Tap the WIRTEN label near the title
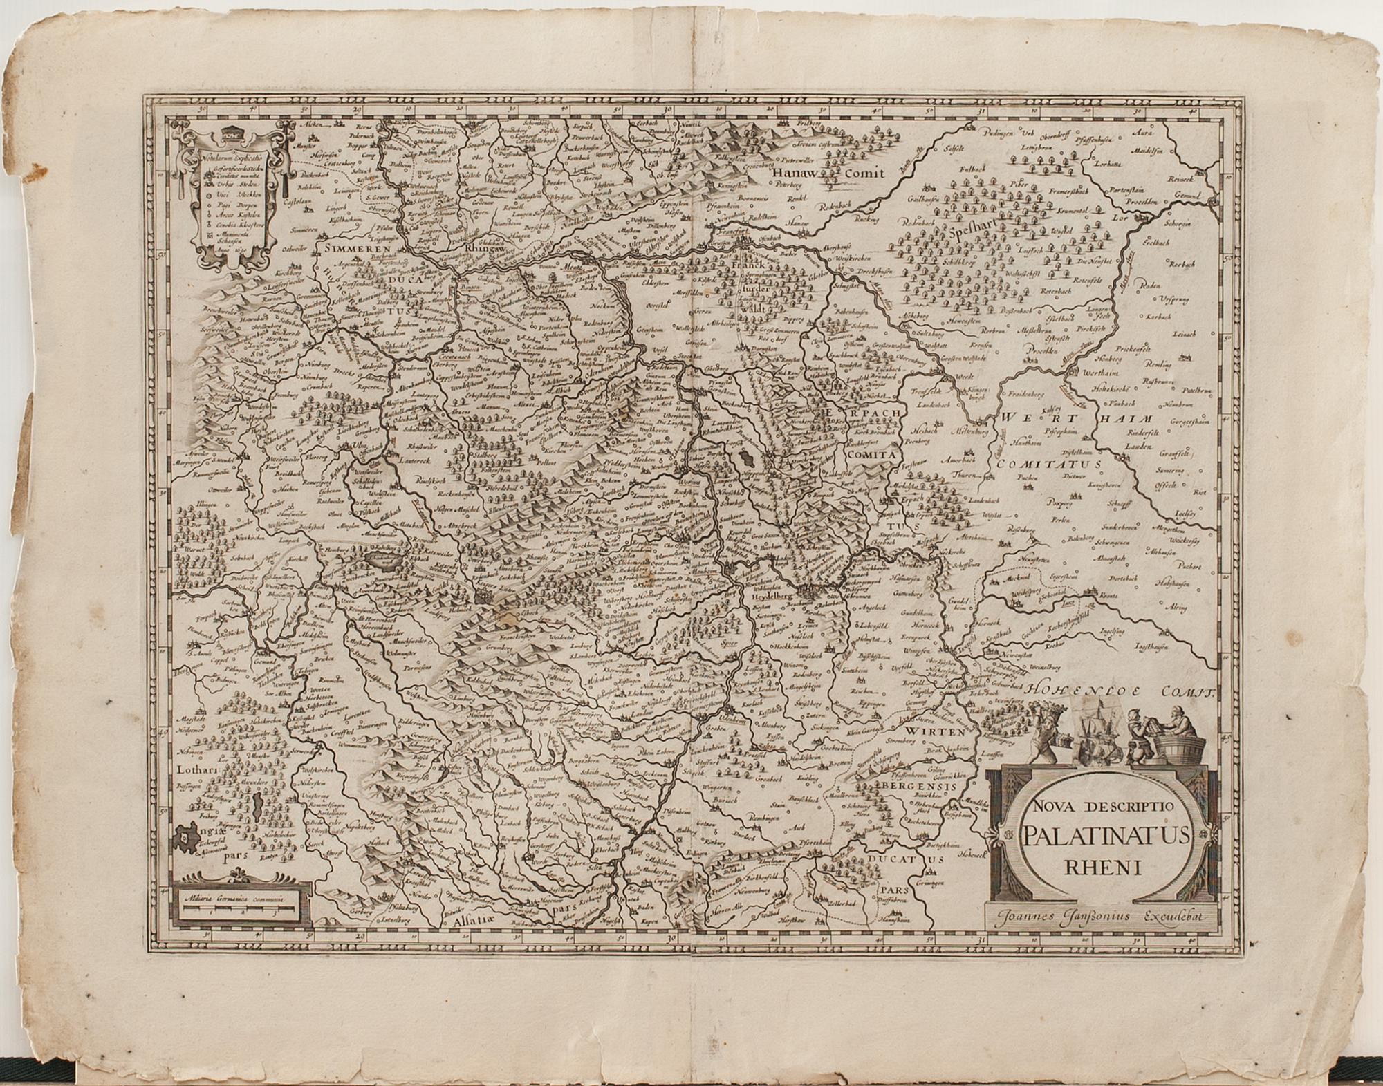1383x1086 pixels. point(936,731)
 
